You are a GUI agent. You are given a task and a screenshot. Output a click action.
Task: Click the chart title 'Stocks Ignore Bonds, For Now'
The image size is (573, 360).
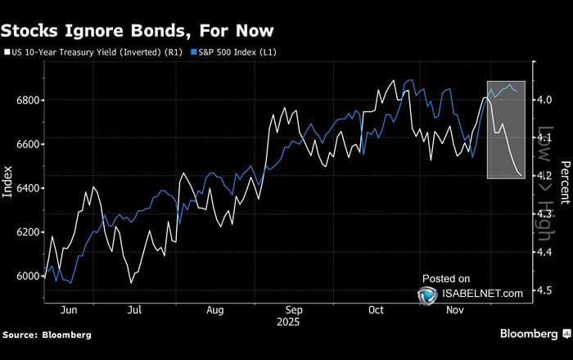click(137, 31)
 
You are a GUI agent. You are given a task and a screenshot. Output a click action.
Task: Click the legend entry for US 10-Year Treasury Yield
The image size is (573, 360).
click(95, 53)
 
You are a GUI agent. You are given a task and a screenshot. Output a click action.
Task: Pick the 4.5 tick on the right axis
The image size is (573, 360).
click(543, 290)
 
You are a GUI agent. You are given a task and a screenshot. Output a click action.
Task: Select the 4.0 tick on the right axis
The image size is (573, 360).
click(543, 101)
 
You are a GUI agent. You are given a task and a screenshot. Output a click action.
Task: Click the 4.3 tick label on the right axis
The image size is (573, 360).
click(543, 214)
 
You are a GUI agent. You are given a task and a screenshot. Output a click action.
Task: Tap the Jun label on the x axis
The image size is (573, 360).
click(69, 310)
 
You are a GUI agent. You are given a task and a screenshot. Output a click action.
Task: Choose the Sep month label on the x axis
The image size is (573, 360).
click(295, 310)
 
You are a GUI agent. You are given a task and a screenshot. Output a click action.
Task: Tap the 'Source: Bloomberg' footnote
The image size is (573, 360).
click(47, 335)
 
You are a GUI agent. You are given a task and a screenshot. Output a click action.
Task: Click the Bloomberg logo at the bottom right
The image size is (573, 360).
click(530, 334)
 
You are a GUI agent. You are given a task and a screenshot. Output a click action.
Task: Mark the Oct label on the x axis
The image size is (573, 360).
click(376, 310)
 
